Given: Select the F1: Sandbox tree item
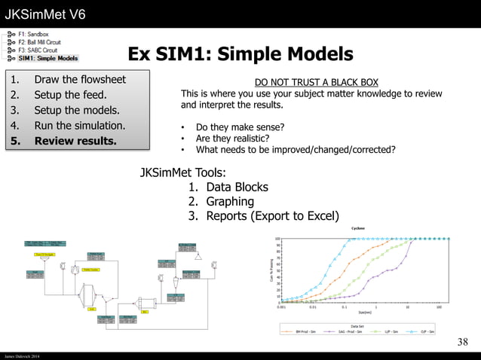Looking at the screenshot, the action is click(x=33, y=35).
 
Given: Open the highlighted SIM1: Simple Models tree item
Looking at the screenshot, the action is click(x=47, y=58).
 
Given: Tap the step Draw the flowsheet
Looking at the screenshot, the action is click(x=79, y=80).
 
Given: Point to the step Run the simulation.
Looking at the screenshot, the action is click(x=79, y=125).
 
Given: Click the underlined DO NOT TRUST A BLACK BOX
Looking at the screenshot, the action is click(x=316, y=81).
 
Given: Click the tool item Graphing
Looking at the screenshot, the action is click(x=229, y=202).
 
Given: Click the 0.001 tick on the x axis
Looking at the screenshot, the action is click(x=281, y=307).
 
